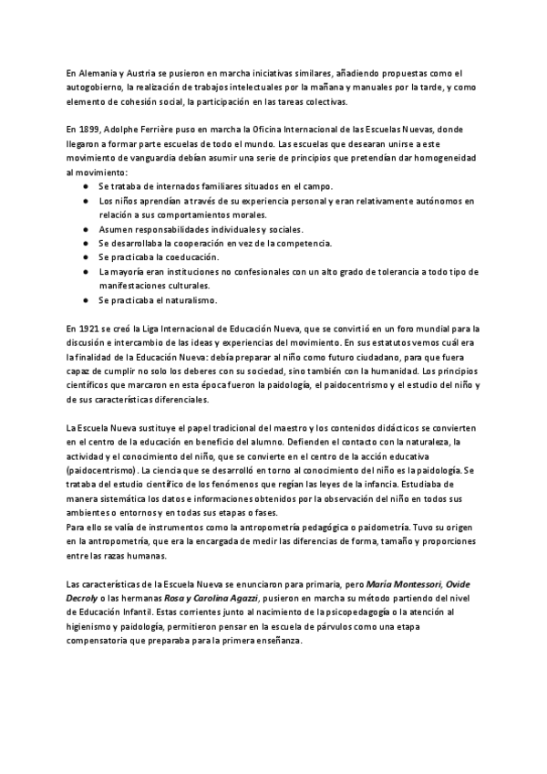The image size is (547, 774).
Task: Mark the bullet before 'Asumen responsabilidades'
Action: (x=84, y=229)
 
